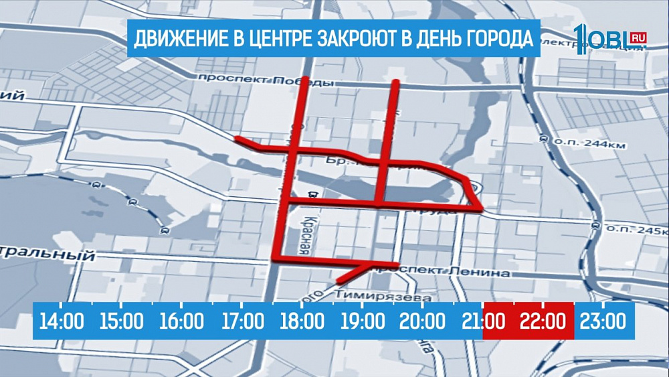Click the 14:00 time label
62,321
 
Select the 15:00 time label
122,321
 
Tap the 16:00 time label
182,321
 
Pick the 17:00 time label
242,321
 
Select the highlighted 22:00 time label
543,321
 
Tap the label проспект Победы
266,80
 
